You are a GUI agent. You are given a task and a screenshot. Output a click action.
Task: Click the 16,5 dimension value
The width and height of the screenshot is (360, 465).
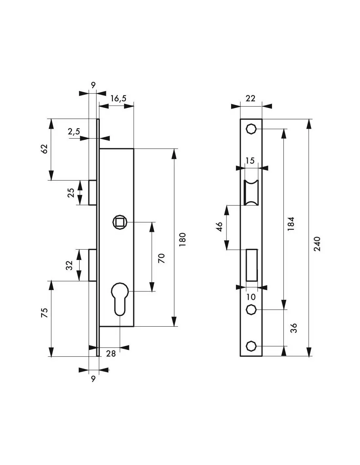[118, 99]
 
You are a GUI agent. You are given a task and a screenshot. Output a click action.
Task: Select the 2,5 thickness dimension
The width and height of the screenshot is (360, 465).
[74, 131]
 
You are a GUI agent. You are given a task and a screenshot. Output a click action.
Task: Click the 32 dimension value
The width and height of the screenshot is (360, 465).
[69, 266]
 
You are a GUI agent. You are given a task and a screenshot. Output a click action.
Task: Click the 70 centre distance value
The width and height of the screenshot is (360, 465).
[161, 258]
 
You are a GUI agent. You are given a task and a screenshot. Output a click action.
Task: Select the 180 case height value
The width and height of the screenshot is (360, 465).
[183, 239]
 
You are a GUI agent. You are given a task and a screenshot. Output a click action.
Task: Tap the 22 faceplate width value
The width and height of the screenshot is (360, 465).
[251, 98]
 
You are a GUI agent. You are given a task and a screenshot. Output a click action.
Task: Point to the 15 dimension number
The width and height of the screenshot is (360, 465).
[250, 161]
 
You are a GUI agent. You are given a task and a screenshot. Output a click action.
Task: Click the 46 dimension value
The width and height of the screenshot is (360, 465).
[220, 227]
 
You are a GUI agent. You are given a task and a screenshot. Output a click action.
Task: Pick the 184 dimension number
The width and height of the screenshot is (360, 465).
[291, 224]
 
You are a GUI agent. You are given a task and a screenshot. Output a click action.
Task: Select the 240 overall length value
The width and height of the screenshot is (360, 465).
[317, 244]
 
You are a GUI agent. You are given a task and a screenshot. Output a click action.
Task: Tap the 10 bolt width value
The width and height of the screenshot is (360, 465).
[251, 297]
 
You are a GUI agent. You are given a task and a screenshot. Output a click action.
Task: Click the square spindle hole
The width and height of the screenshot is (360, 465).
[120, 222]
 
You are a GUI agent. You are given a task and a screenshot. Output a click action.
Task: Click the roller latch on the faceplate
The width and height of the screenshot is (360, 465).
[251, 193]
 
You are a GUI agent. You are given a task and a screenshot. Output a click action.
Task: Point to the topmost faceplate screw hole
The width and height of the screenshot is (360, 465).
[251, 129]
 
